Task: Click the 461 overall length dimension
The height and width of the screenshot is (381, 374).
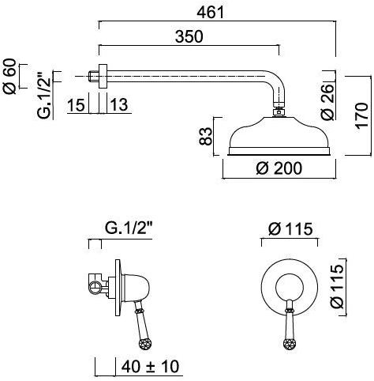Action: [x=211, y=12]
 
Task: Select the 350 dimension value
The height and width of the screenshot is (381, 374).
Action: [x=189, y=36]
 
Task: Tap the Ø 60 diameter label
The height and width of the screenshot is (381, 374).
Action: [x=9, y=77]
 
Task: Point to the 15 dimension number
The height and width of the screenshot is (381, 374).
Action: [x=77, y=104]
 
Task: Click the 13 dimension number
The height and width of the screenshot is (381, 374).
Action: [x=119, y=104]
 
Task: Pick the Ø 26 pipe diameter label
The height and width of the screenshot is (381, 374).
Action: [x=327, y=102]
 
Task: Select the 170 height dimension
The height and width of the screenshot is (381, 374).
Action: [x=361, y=115]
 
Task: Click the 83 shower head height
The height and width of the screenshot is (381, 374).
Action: [x=205, y=136]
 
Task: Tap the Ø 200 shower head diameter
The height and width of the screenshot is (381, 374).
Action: [x=279, y=168]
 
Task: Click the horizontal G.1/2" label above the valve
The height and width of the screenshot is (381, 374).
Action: [x=129, y=228]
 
